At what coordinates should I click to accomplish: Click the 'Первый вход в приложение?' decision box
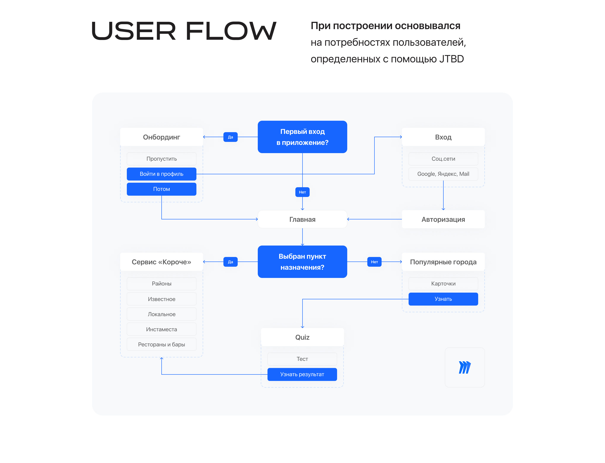click(302, 137)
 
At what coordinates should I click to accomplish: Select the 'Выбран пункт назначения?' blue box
click(302, 262)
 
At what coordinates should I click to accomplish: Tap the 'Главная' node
click(302, 219)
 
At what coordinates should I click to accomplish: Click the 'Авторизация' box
click(443, 219)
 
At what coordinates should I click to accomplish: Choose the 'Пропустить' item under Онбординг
click(161, 159)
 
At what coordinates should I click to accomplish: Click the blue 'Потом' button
click(161, 189)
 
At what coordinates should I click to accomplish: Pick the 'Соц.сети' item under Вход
click(443, 159)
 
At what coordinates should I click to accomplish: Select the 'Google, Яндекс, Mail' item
click(443, 174)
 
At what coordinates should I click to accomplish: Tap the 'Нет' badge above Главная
click(302, 192)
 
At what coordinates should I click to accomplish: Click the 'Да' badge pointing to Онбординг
click(230, 137)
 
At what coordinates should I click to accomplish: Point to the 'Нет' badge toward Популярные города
click(374, 262)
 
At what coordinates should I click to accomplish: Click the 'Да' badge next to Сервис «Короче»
click(230, 262)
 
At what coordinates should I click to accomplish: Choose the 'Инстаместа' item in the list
click(161, 329)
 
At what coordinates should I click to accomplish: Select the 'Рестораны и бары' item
click(161, 344)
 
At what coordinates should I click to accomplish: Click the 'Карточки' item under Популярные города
click(443, 284)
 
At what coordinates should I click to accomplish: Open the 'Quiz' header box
click(302, 337)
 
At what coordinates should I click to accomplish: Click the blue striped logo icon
click(464, 367)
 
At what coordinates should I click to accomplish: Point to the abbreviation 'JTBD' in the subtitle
click(451, 59)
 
